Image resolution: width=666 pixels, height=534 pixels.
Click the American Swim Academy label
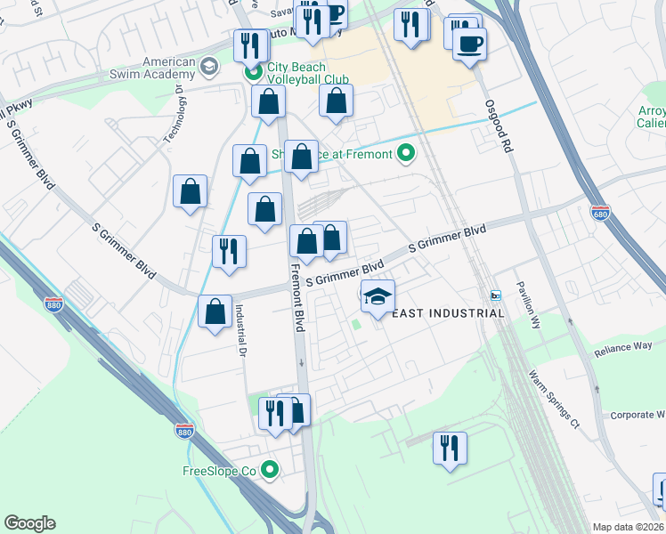tap(161, 68)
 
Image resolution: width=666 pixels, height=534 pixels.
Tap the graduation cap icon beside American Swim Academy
tap(209, 66)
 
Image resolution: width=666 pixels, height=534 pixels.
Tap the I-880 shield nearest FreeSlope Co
tap(184, 431)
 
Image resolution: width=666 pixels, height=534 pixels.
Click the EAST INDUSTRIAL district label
tap(449, 313)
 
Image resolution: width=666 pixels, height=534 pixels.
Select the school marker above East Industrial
tap(378, 297)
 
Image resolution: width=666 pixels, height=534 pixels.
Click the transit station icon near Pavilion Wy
tap(496, 295)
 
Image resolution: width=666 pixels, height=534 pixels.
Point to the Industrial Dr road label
tap(240, 328)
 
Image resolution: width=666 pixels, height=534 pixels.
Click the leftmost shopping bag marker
tap(191, 192)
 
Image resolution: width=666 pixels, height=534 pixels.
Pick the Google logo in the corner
tap(29, 523)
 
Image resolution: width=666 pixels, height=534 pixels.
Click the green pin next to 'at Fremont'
tap(407, 154)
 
